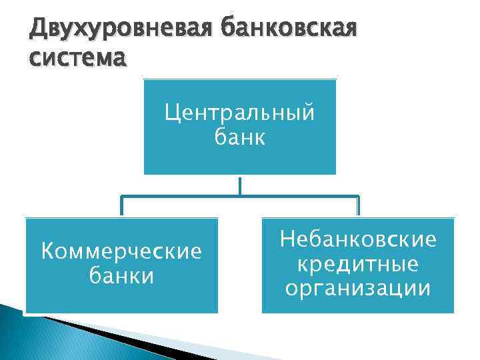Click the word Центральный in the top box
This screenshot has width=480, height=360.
(240, 113)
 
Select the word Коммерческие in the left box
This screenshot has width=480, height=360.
(121, 252)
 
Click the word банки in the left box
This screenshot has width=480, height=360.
(121, 275)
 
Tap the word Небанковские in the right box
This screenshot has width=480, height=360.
(358, 239)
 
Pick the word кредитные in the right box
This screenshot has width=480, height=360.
(358, 264)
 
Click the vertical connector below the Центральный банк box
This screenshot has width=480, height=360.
(239, 185)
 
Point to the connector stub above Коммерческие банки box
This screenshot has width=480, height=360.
(121, 207)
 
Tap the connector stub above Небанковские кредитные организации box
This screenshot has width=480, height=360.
(358, 207)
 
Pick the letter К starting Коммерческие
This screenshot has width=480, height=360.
(47, 252)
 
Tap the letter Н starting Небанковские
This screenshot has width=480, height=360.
(287, 239)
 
